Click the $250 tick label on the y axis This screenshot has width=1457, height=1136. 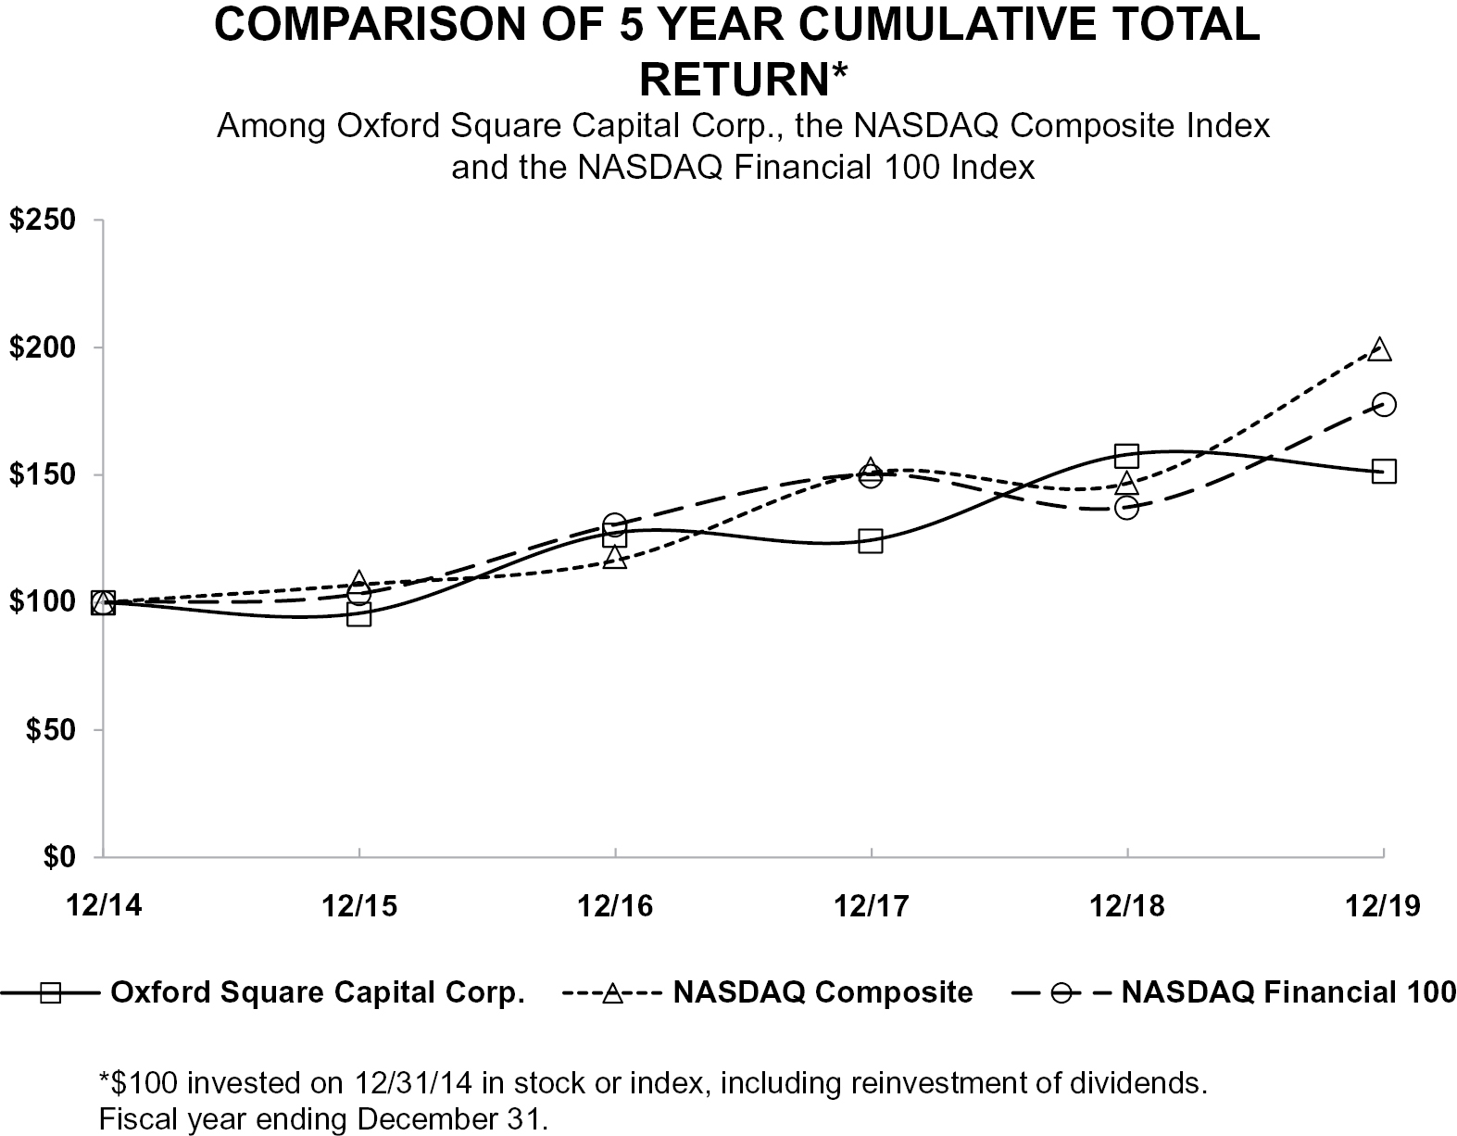(x=42, y=220)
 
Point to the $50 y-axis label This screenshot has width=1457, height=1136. (x=50, y=729)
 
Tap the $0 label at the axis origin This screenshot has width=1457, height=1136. (x=59, y=857)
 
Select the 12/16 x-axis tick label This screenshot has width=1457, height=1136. (x=615, y=906)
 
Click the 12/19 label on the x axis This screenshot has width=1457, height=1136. (x=1383, y=906)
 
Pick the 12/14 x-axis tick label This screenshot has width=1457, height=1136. (x=104, y=906)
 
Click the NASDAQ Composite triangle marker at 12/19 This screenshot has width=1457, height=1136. (x=1378, y=349)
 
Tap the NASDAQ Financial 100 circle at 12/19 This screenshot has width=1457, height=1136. (x=1384, y=404)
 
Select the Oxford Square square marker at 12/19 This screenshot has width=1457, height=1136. (x=1384, y=472)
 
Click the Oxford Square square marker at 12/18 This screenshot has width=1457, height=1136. (x=1126, y=456)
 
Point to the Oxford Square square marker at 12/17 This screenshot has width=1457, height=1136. (x=871, y=540)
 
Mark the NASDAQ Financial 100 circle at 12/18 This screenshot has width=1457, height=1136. (x=1126, y=508)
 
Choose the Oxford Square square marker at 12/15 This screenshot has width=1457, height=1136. (x=359, y=614)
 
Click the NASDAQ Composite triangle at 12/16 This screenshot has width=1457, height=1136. (x=615, y=557)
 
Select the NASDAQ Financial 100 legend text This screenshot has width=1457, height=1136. (x=1288, y=992)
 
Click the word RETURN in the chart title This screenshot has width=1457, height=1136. (x=735, y=80)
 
